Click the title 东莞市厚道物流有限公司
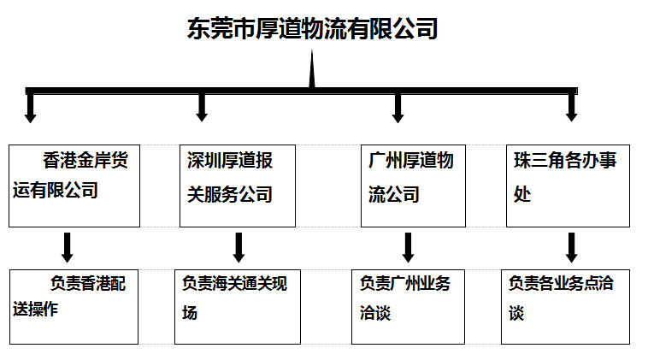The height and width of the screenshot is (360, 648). [x=312, y=28]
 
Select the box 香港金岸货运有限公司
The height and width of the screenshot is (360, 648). [x=74, y=186]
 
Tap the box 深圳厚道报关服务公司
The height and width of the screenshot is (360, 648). [x=238, y=186]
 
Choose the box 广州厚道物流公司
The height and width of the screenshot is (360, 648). [x=413, y=186]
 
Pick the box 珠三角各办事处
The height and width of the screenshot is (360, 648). [x=568, y=186]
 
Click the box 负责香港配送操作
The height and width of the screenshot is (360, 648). [x=74, y=307]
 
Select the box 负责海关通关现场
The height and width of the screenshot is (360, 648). [x=238, y=307]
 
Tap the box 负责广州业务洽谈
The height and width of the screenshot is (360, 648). [x=409, y=307]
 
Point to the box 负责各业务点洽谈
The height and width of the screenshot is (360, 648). [x=565, y=307]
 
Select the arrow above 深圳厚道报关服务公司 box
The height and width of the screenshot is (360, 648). [x=202, y=108]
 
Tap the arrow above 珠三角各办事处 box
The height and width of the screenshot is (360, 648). [x=572, y=108]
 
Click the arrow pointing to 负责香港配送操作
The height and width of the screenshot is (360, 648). [x=67, y=248]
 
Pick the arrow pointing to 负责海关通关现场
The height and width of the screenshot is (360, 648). [x=239, y=248]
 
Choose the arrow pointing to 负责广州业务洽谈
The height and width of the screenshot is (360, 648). [x=408, y=248]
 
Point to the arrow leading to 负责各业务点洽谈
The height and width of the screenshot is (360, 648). [x=572, y=248]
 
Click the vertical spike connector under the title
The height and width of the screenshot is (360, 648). [x=312, y=69]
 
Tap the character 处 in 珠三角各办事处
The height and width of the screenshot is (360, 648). [x=522, y=194]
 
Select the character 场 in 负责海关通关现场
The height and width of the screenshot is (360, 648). [x=190, y=313]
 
